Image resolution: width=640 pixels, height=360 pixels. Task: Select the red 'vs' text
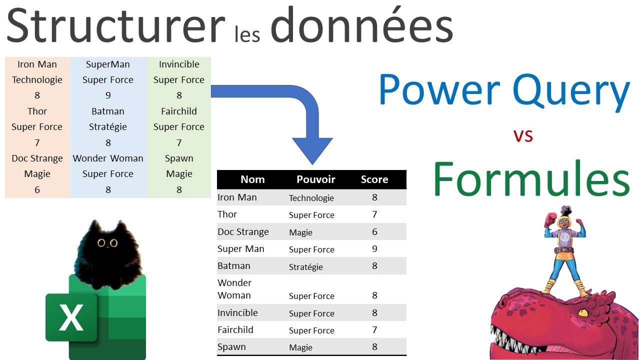523,135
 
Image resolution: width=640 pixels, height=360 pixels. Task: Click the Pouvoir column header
315,179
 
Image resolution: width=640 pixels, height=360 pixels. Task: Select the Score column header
374,179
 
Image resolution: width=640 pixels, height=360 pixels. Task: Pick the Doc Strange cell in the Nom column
243,232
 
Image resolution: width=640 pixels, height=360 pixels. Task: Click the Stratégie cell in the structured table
305,267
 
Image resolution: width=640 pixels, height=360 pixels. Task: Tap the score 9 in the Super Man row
374,249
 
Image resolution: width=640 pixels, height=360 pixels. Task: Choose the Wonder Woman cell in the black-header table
234,289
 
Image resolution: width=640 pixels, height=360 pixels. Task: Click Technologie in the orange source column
37,80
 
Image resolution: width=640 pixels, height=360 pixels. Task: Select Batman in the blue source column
108,111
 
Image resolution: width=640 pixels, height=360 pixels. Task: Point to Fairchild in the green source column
179,111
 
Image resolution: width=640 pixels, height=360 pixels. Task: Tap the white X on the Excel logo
71,317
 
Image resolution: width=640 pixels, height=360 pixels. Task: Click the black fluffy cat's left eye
101,243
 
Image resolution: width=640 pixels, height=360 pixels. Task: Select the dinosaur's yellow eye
583,312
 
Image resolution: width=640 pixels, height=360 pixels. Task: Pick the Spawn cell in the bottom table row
231,347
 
